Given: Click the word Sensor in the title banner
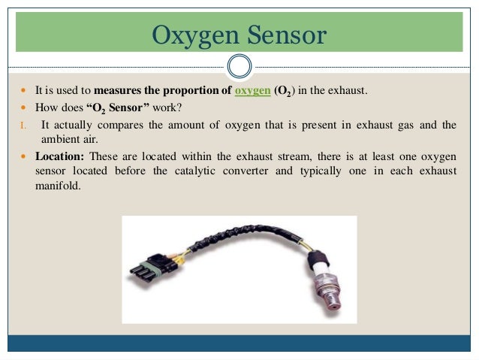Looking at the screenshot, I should coord(285,35).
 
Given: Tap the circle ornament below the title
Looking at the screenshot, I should coord(239,67).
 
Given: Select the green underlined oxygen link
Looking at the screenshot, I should coord(252,91).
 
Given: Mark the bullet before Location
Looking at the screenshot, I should coord(23,156).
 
